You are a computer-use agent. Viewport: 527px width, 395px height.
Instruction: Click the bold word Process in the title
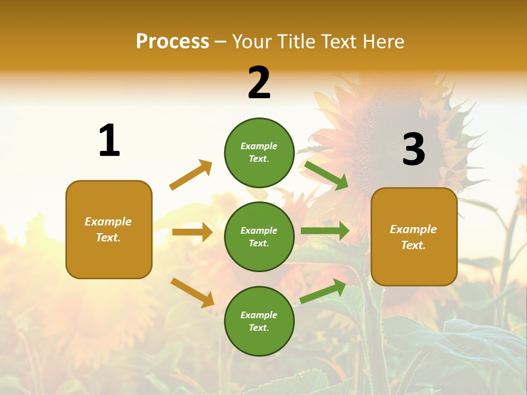(x=172, y=42)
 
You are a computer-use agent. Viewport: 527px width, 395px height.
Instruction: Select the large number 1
(x=109, y=141)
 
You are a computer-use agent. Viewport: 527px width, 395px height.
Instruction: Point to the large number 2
(x=259, y=83)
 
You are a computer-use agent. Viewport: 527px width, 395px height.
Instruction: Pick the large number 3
(x=414, y=149)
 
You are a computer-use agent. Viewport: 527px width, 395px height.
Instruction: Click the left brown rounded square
(x=109, y=229)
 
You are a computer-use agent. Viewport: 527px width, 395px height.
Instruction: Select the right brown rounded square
(x=414, y=237)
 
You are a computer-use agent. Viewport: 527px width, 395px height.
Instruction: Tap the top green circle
(x=259, y=153)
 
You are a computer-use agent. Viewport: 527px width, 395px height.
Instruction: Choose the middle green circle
(x=259, y=237)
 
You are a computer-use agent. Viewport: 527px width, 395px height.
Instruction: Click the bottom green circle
(x=259, y=321)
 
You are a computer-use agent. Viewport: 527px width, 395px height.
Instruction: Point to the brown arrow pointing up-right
(x=191, y=175)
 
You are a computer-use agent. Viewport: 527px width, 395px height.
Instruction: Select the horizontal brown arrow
(x=192, y=232)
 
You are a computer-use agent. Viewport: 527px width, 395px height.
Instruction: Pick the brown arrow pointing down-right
(x=192, y=292)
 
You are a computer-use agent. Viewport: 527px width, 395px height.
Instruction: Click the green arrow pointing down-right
(x=326, y=175)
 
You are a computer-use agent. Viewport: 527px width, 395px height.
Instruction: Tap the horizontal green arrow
(x=325, y=231)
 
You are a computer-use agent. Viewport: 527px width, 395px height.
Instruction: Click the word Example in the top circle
(x=259, y=146)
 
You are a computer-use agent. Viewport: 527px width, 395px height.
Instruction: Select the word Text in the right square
(x=413, y=245)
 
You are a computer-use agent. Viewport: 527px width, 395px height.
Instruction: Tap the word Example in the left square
(x=108, y=222)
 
